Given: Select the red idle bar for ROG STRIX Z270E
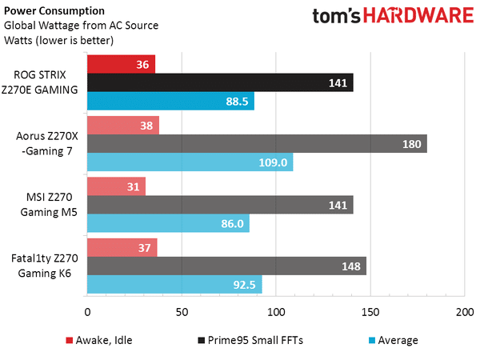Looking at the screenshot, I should point(121,64).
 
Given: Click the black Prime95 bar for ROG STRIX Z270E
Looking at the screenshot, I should point(220,82).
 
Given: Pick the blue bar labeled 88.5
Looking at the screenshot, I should point(170,101).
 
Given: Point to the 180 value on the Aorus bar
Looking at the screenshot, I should point(413,143).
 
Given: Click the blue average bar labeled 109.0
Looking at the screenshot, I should point(190,162).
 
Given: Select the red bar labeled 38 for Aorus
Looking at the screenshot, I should point(122,125).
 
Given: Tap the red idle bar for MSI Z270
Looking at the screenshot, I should point(116,186).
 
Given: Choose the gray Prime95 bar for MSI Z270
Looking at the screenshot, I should point(220,205).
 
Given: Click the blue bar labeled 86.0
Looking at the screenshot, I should point(168,223).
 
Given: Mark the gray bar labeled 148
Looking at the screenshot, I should point(226,266).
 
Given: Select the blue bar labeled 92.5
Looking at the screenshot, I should point(174,284).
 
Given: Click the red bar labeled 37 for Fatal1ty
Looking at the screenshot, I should point(122,247).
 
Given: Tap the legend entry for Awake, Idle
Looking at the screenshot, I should point(99,340).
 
